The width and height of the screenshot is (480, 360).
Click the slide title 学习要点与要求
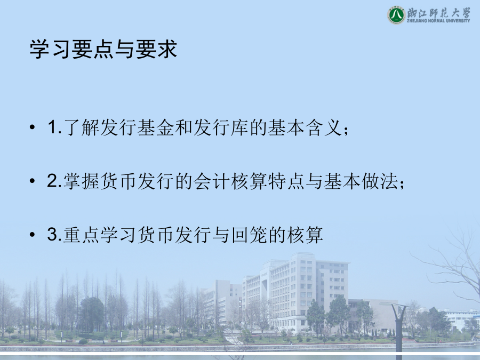coord(103,49)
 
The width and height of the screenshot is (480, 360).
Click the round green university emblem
coord(396,15)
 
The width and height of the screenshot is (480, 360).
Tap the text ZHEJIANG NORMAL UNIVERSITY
coord(438,21)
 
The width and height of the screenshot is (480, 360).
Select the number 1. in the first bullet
coord(55,127)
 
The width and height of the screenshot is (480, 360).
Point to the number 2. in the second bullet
coord(55,181)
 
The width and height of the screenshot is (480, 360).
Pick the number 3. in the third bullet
coord(55,234)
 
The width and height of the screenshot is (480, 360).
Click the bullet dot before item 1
coord(33,127)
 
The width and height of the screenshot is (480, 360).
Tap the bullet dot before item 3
coord(33,235)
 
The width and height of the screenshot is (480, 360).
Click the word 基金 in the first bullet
coord(156,127)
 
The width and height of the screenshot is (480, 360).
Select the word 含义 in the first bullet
coord(324,127)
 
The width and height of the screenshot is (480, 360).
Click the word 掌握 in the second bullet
coord(82,181)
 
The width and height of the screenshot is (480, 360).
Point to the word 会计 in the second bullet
coord(212,181)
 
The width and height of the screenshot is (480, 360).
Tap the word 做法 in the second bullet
coord(380,181)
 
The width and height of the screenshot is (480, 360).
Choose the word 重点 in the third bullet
coord(82,235)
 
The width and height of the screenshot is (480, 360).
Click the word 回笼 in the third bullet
coord(250,235)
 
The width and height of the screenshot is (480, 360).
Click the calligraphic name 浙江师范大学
coord(438,12)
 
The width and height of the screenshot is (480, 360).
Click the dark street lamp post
coord(398,327)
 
